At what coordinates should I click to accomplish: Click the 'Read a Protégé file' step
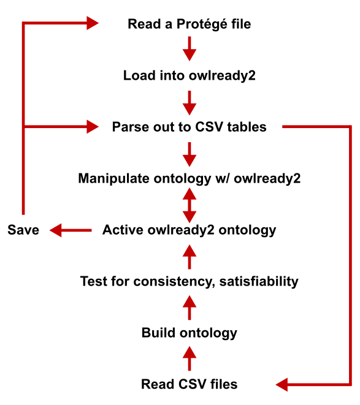190,24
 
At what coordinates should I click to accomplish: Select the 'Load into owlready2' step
190,75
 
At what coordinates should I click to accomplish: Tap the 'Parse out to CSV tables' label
190,127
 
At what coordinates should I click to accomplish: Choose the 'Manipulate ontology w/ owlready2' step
190,178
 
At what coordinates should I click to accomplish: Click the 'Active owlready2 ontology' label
190,230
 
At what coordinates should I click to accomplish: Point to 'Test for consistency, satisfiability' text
190,281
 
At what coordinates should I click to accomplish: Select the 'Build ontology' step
190,333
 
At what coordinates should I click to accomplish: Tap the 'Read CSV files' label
190,384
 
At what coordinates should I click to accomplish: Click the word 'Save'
23,230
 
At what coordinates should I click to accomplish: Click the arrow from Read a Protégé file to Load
190,48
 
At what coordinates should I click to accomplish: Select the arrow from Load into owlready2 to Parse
190,103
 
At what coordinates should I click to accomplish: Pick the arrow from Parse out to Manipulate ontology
190,154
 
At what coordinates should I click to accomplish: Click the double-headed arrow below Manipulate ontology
190,205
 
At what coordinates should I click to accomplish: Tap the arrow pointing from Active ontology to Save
71,230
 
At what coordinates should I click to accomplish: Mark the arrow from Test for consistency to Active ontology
190,257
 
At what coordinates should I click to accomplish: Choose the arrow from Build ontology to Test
190,308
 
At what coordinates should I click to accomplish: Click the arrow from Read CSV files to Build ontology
190,358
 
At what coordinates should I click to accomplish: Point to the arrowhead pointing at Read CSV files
282,385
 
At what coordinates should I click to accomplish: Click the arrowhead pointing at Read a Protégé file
93,23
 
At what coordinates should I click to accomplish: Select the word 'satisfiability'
259,281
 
